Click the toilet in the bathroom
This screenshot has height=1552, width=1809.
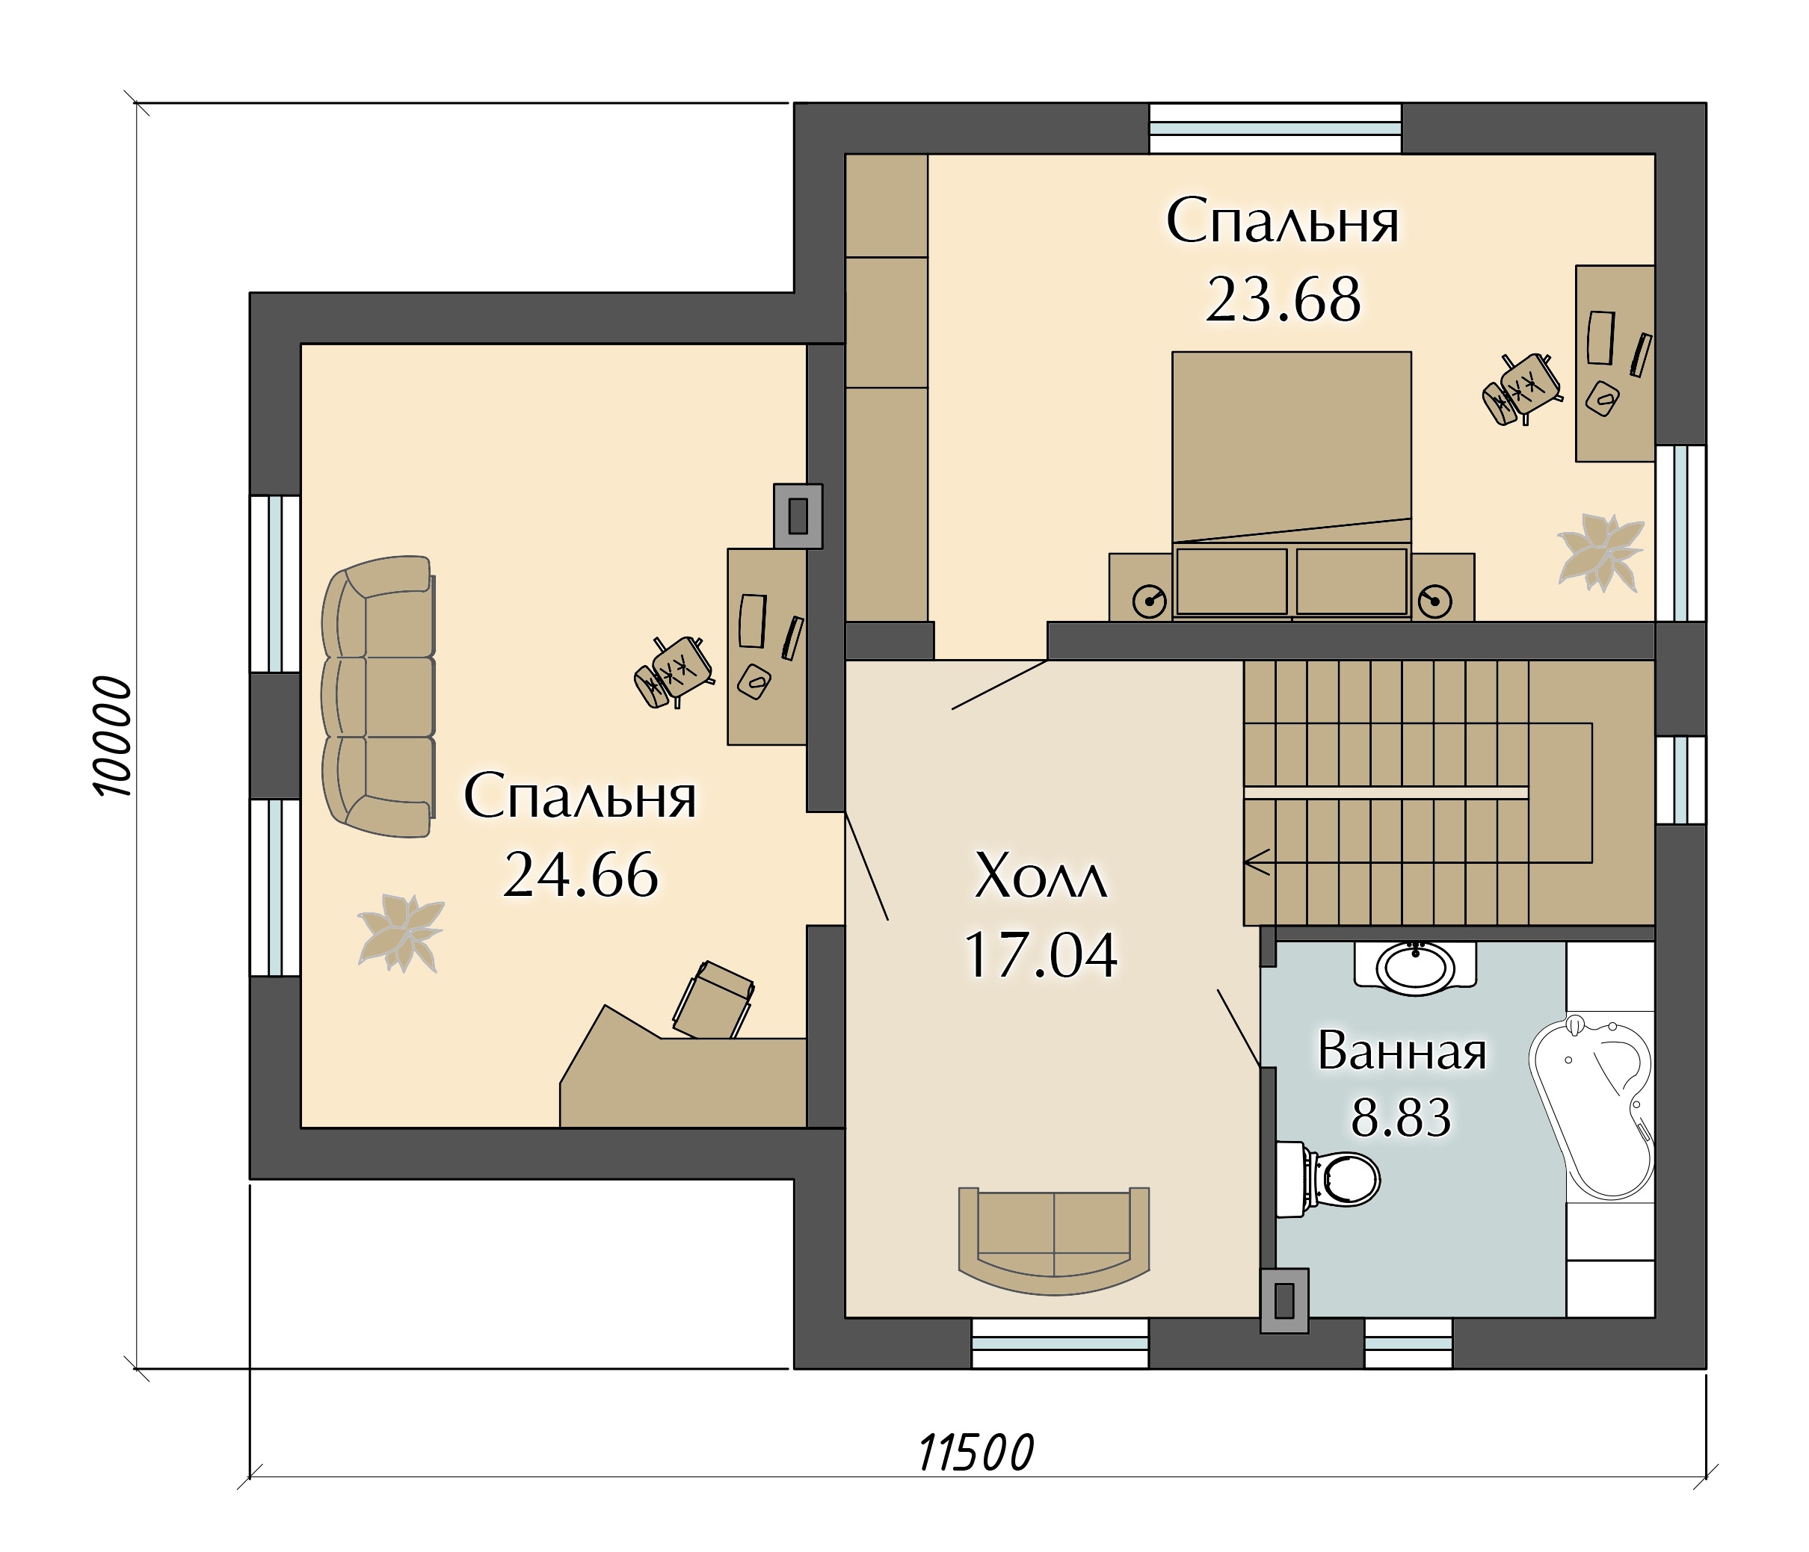pyautogui.click(x=1327, y=1179)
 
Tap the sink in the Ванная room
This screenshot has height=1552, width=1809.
pyautogui.click(x=1415, y=966)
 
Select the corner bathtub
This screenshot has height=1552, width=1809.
pyautogui.click(x=1591, y=1106)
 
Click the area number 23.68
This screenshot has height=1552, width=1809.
pyautogui.click(x=1283, y=300)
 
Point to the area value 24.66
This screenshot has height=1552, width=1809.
pyautogui.click(x=581, y=875)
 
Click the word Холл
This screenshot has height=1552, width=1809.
pyautogui.click(x=1041, y=876)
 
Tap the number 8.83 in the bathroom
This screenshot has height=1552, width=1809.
pyautogui.click(x=1402, y=1116)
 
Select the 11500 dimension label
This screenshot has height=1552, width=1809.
pyautogui.click(x=976, y=1453)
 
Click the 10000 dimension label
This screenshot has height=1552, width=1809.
pyautogui.click(x=113, y=736)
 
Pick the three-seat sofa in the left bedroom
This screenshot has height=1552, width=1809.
pyautogui.click(x=378, y=696)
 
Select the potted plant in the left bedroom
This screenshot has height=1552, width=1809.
pyautogui.click(x=401, y=933)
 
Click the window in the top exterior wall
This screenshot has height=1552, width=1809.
pyautogui.click(x=1275, y=129)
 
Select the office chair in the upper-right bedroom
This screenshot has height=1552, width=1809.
pyautogui.click(x=1522, y=389)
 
